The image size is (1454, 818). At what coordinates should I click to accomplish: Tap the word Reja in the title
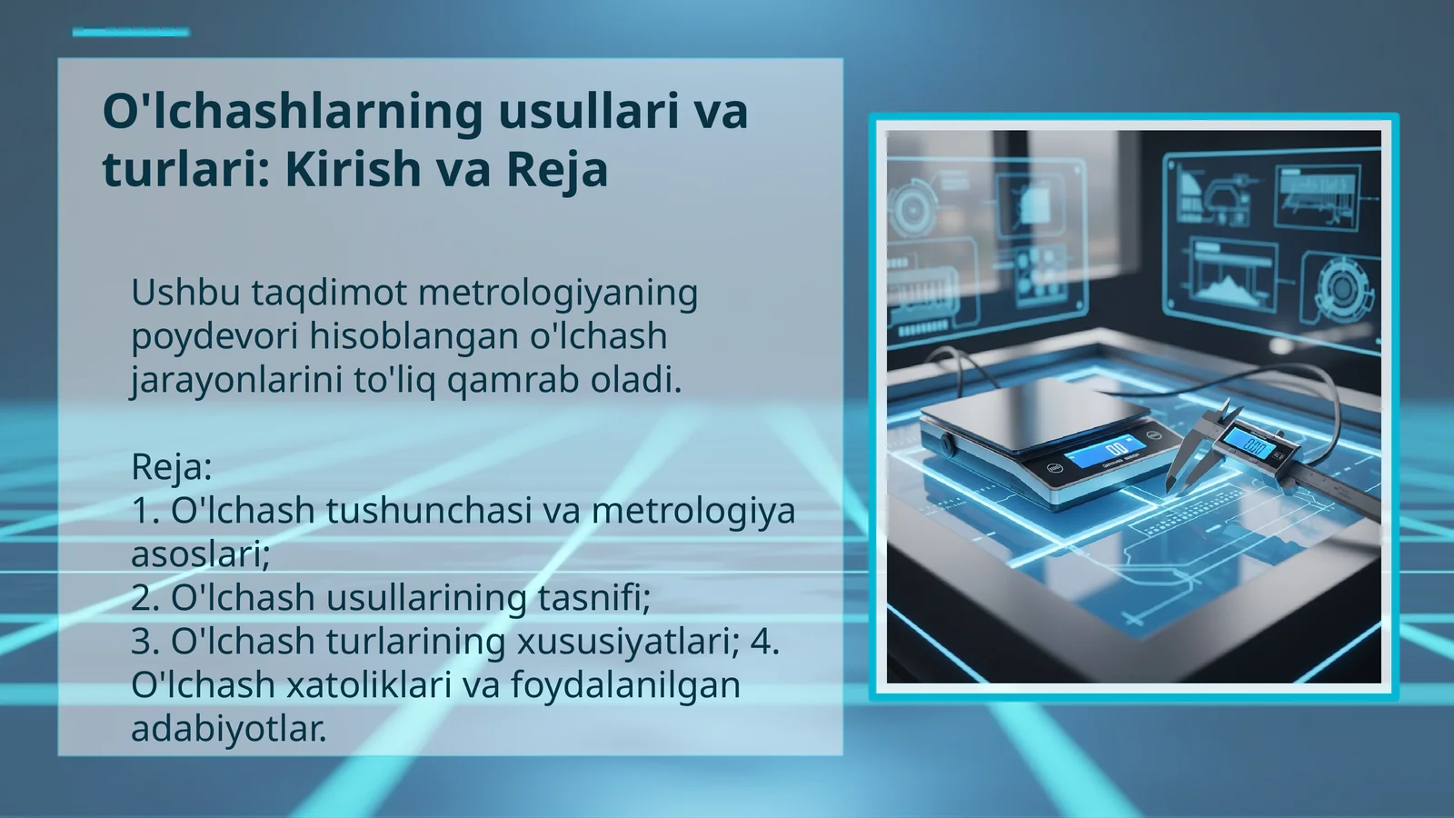556,169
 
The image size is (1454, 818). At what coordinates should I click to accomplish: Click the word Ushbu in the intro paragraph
185,293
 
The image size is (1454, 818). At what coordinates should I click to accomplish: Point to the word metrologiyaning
558,293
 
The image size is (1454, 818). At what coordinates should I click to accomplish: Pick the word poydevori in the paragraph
214,336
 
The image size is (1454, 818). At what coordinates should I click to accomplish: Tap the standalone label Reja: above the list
172,467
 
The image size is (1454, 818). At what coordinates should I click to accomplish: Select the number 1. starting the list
145,511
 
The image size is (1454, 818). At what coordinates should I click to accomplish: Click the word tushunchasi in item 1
428,511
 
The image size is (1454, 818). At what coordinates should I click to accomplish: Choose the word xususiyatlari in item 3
627,642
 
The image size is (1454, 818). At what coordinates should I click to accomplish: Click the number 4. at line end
764,642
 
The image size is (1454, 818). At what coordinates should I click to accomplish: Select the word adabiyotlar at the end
227,729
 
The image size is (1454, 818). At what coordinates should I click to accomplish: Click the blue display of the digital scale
1106,450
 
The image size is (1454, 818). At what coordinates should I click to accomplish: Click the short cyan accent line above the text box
131,33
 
